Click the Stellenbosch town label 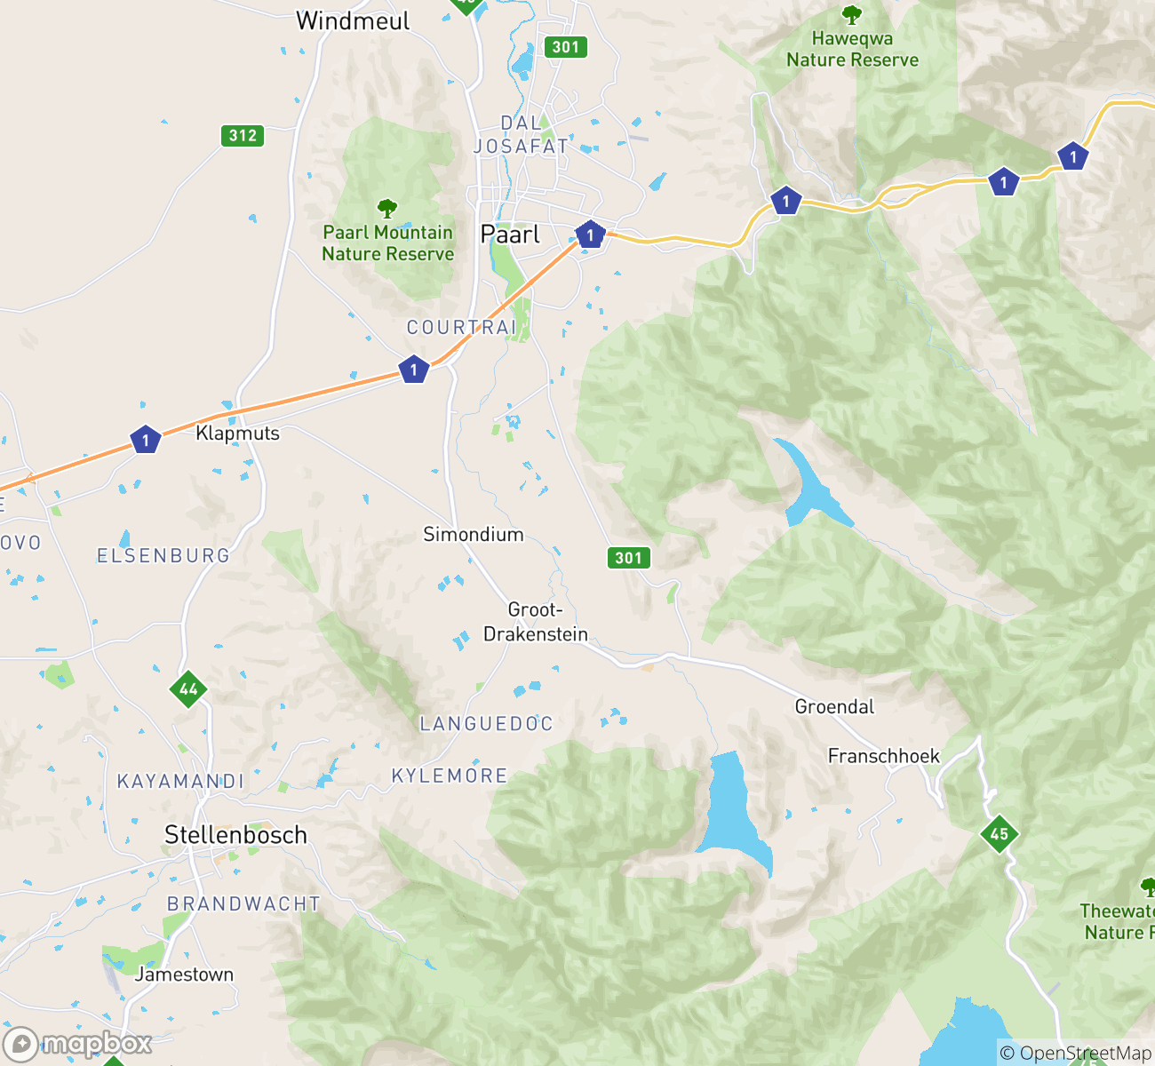[x=235, y=835]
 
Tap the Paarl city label [x=510, y=235]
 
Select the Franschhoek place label [x=883, y=756]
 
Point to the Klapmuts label [x=237, y=434]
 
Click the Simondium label [x=473, y=535]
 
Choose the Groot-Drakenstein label [x=536, y=622]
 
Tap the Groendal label [x=834, y=707]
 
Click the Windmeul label [x=353, y=21]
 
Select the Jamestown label [x=184, y=975]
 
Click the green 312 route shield [x=243, y=136]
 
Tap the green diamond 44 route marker [x=188, y=689]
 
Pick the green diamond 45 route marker [x=999, y=833]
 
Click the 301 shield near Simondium [x=628, y=558]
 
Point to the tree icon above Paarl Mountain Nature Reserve [x=386, y=209]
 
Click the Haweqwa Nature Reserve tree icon [x=851, y=15]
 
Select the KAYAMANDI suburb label [x=180, y=782]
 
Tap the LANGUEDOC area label [x=486, y=724]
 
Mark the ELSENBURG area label [x=163, y=556]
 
